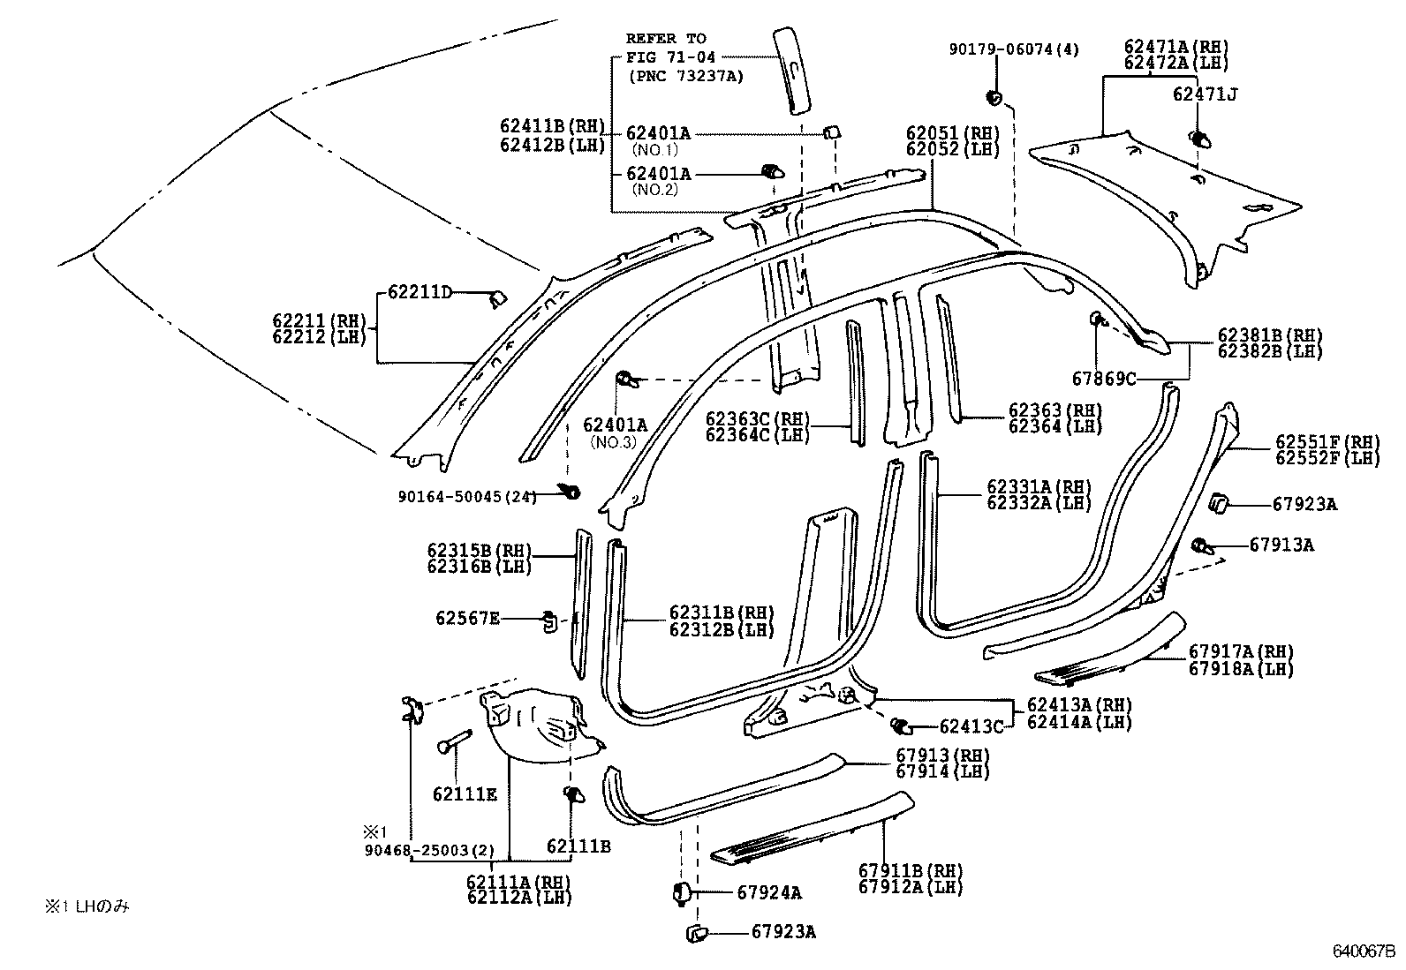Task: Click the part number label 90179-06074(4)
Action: coord(1014,50)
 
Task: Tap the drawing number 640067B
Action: coord(1364,951)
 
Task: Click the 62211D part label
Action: coord(420,291)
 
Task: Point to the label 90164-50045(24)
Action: coord(467,497)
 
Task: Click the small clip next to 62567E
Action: coord(548,620)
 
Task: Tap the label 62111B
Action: coord(578,846)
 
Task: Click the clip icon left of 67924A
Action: coord(680,891)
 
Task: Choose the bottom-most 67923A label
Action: coord(783,931)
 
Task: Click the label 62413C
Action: coord(971,726)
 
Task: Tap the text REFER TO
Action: coord(666,39)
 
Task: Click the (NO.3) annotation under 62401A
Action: coord(614,442)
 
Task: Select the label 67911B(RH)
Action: coord(911,872)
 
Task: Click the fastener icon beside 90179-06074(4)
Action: coord(994,95)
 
